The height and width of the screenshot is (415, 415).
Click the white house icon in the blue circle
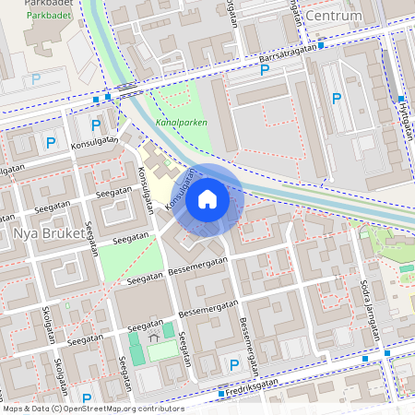[207, 199]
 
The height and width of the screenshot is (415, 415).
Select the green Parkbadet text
[48, 16]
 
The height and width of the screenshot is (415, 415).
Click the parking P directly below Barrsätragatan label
[265, 70]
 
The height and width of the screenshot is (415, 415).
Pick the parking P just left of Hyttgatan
[337, 99]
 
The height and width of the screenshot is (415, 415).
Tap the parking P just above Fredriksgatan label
[233, 366]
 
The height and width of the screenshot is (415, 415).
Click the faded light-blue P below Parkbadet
[36, 79]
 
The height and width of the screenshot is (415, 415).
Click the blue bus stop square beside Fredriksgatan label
[221, 394]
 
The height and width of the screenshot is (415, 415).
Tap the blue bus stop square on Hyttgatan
[401, 99]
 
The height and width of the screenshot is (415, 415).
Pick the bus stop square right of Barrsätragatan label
[320, 45]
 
